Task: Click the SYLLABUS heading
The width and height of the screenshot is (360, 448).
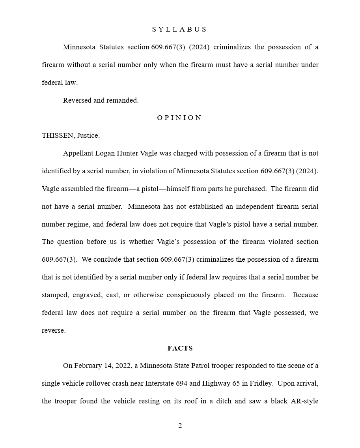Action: [179, 29]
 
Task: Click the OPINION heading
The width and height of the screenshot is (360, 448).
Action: [179, 118]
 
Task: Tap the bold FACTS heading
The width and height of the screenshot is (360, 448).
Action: [180, 348]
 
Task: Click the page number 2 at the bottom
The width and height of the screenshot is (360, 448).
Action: [180, 426]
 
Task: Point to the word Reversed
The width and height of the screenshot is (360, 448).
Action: [77, 100]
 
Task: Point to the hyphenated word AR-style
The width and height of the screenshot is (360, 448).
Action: [304, 401]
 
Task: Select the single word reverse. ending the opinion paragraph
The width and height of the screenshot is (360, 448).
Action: [54, 330]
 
